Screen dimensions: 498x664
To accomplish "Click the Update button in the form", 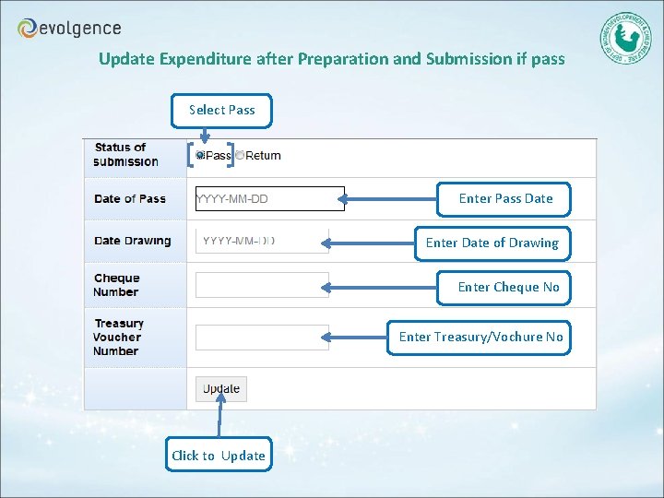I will [x=221, y=389].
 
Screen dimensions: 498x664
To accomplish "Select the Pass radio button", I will [x=200, y=156].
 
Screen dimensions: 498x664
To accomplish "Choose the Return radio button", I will [x=240, y=156].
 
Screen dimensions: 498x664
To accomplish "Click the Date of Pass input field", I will [x=269, y=198].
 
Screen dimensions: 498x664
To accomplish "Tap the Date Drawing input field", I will [x=262, y=242].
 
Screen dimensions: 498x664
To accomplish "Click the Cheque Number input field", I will [x=262, y=285].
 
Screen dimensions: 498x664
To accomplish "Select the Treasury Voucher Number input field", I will [x=262, y=338].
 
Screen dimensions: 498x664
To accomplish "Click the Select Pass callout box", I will [x=222, y=110].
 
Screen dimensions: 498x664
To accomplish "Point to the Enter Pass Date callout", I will [x=505, y=198].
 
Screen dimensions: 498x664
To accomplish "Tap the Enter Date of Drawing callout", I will [x=492, y=243].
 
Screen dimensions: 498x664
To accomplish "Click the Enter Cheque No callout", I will [x=508, y=287].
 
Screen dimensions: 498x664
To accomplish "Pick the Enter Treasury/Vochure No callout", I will [x=480, y=337].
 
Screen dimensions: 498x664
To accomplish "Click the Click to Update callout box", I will [x=219, y=455].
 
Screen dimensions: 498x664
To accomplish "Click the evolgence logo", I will [x=69, y=28].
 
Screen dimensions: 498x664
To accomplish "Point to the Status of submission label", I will [x=125, y=155].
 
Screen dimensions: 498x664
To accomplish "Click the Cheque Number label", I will [x=116, y=285].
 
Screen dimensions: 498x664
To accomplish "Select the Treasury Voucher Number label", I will [x=118, y=338].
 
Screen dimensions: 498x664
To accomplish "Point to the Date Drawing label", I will [x=132, y=242].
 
